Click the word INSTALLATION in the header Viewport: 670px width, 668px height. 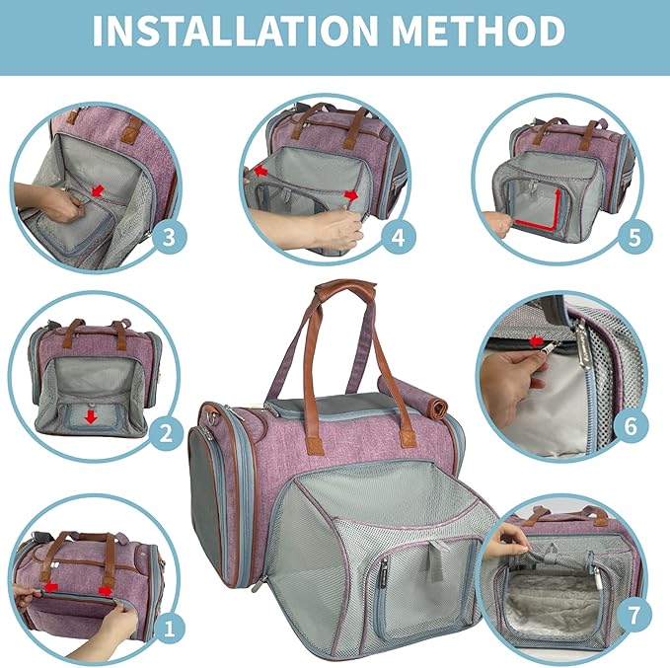(x=235, y=31)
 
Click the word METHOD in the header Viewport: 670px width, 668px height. (x=479, y=31)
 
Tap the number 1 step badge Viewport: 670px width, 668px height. (x=169, y=630)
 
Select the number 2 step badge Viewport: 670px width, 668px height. (x=166, y=433)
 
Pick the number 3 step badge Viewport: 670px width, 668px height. (x=169, y=237)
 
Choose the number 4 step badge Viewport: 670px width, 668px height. (x=399, y=237)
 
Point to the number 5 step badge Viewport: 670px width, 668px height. (x=634, y=237)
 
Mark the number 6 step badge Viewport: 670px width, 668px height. (x=631, y=426)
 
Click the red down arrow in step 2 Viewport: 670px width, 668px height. (x=90, y=417)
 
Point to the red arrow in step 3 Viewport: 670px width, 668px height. (x=98, y=190)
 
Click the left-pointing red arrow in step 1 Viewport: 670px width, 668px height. (x=50, y=587)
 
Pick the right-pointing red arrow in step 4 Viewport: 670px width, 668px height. (x=352, y=195)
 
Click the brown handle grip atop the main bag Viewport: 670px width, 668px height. (x=345, y=286)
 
